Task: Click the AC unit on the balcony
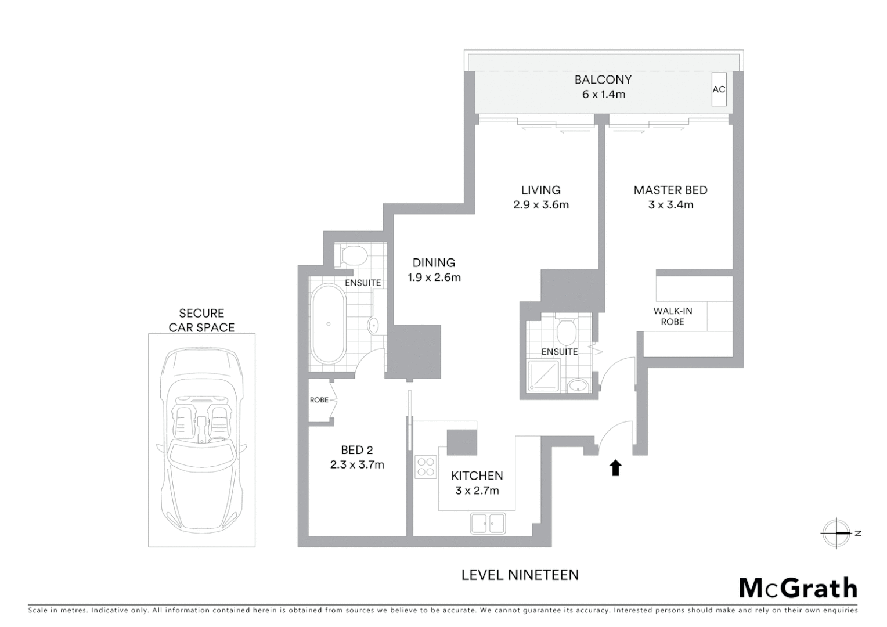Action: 719,89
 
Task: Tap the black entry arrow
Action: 615,467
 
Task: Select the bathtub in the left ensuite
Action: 329,324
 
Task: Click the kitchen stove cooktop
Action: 426,467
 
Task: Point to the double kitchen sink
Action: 488,523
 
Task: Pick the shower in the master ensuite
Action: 544,376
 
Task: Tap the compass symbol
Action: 836,533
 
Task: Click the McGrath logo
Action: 798,588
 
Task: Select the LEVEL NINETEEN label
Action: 520,575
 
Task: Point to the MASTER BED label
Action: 670,190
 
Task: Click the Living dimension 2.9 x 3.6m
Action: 541,205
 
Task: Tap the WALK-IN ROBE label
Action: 673,316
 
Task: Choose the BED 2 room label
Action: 356,450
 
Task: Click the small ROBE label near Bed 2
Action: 319,400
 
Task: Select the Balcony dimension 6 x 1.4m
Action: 604,95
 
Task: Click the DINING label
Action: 434,262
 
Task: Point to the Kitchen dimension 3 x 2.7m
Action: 477,491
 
